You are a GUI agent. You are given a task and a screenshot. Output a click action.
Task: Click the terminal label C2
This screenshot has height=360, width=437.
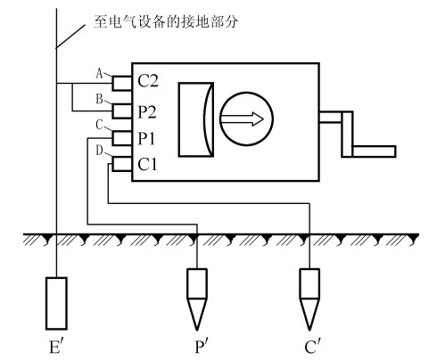pos(148,80)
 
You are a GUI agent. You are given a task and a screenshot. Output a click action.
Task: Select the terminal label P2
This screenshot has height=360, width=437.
pos(147,112)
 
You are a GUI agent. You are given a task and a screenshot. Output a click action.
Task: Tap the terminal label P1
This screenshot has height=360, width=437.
pos(146,138)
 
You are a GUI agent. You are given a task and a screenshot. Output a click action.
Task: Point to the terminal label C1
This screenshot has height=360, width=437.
pos(147,164)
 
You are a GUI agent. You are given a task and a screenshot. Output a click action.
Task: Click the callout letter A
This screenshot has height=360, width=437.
pos(100,73)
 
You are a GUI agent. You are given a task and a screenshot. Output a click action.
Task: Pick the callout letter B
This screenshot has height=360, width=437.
pos(99,99)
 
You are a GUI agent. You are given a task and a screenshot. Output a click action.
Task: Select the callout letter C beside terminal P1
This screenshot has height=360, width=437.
pos(99,125)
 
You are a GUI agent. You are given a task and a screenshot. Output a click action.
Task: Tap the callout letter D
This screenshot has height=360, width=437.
pos(99,151)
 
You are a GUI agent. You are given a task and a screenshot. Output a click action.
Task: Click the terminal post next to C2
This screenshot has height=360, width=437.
pos(122,83)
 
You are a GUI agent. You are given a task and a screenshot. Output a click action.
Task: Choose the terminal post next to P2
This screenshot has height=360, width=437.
pos(122,111)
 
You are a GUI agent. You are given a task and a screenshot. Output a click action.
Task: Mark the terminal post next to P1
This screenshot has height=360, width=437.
pos(122,138)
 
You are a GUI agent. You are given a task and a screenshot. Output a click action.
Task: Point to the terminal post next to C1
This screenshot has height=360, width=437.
pos(122,164)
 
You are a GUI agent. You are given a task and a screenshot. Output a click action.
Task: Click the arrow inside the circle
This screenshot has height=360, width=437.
pos(242,119)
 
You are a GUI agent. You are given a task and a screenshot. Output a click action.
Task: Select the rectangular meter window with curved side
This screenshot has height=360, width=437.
pos(196,119)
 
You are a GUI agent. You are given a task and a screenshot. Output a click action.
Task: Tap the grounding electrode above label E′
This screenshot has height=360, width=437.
pos(56,303)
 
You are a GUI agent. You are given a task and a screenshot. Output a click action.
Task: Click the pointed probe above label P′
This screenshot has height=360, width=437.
pos(197,299)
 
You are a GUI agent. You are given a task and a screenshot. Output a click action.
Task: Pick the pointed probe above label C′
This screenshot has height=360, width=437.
pos(309,299)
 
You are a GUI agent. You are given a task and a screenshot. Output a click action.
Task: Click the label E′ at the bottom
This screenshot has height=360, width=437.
pos(56,347)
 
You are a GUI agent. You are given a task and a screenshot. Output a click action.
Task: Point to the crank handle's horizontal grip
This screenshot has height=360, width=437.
pos(374,151)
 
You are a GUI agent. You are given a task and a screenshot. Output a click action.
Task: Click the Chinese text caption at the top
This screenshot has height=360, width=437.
pos(166,21)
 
